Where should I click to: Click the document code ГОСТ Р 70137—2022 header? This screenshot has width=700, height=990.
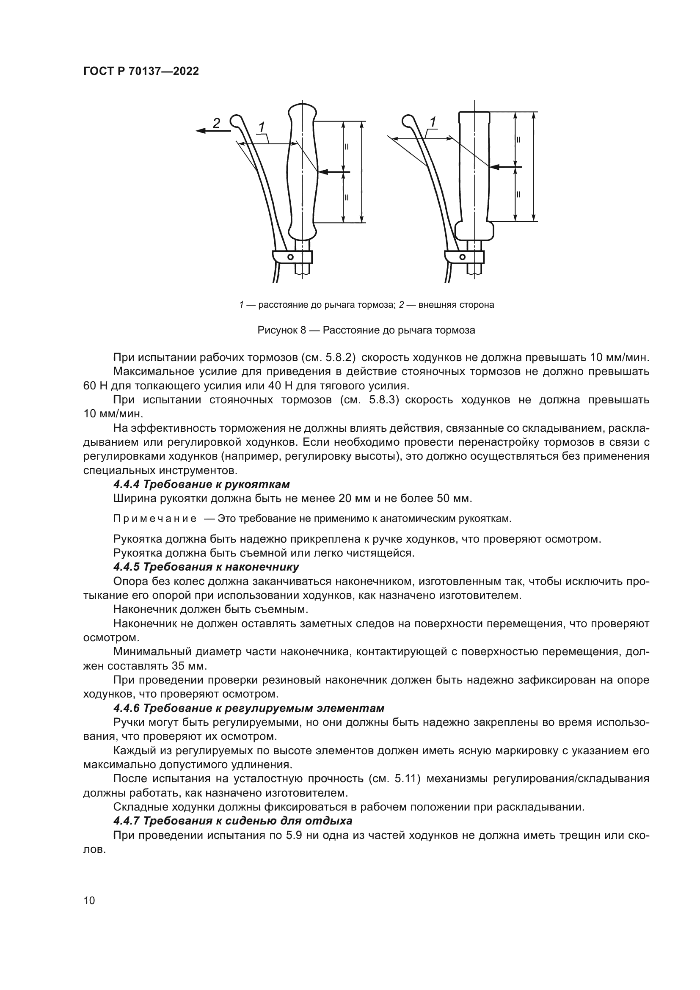[x=141, y=72]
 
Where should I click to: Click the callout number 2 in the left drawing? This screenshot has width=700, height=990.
[x=216, y=123]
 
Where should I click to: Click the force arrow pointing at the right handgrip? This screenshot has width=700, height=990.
[x=506, y=166]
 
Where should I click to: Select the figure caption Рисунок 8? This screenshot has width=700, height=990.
[x=366, y=330]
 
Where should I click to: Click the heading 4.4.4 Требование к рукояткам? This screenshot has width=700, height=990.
[x=201, y=484]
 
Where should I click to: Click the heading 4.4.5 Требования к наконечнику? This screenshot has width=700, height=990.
[x=206, y=566]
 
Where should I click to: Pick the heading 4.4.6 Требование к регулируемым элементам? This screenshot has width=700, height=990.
[x=249, y=708]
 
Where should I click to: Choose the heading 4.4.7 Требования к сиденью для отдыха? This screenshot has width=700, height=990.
[x=233, y=821]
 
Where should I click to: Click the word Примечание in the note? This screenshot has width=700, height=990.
[x=155, y=519]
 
